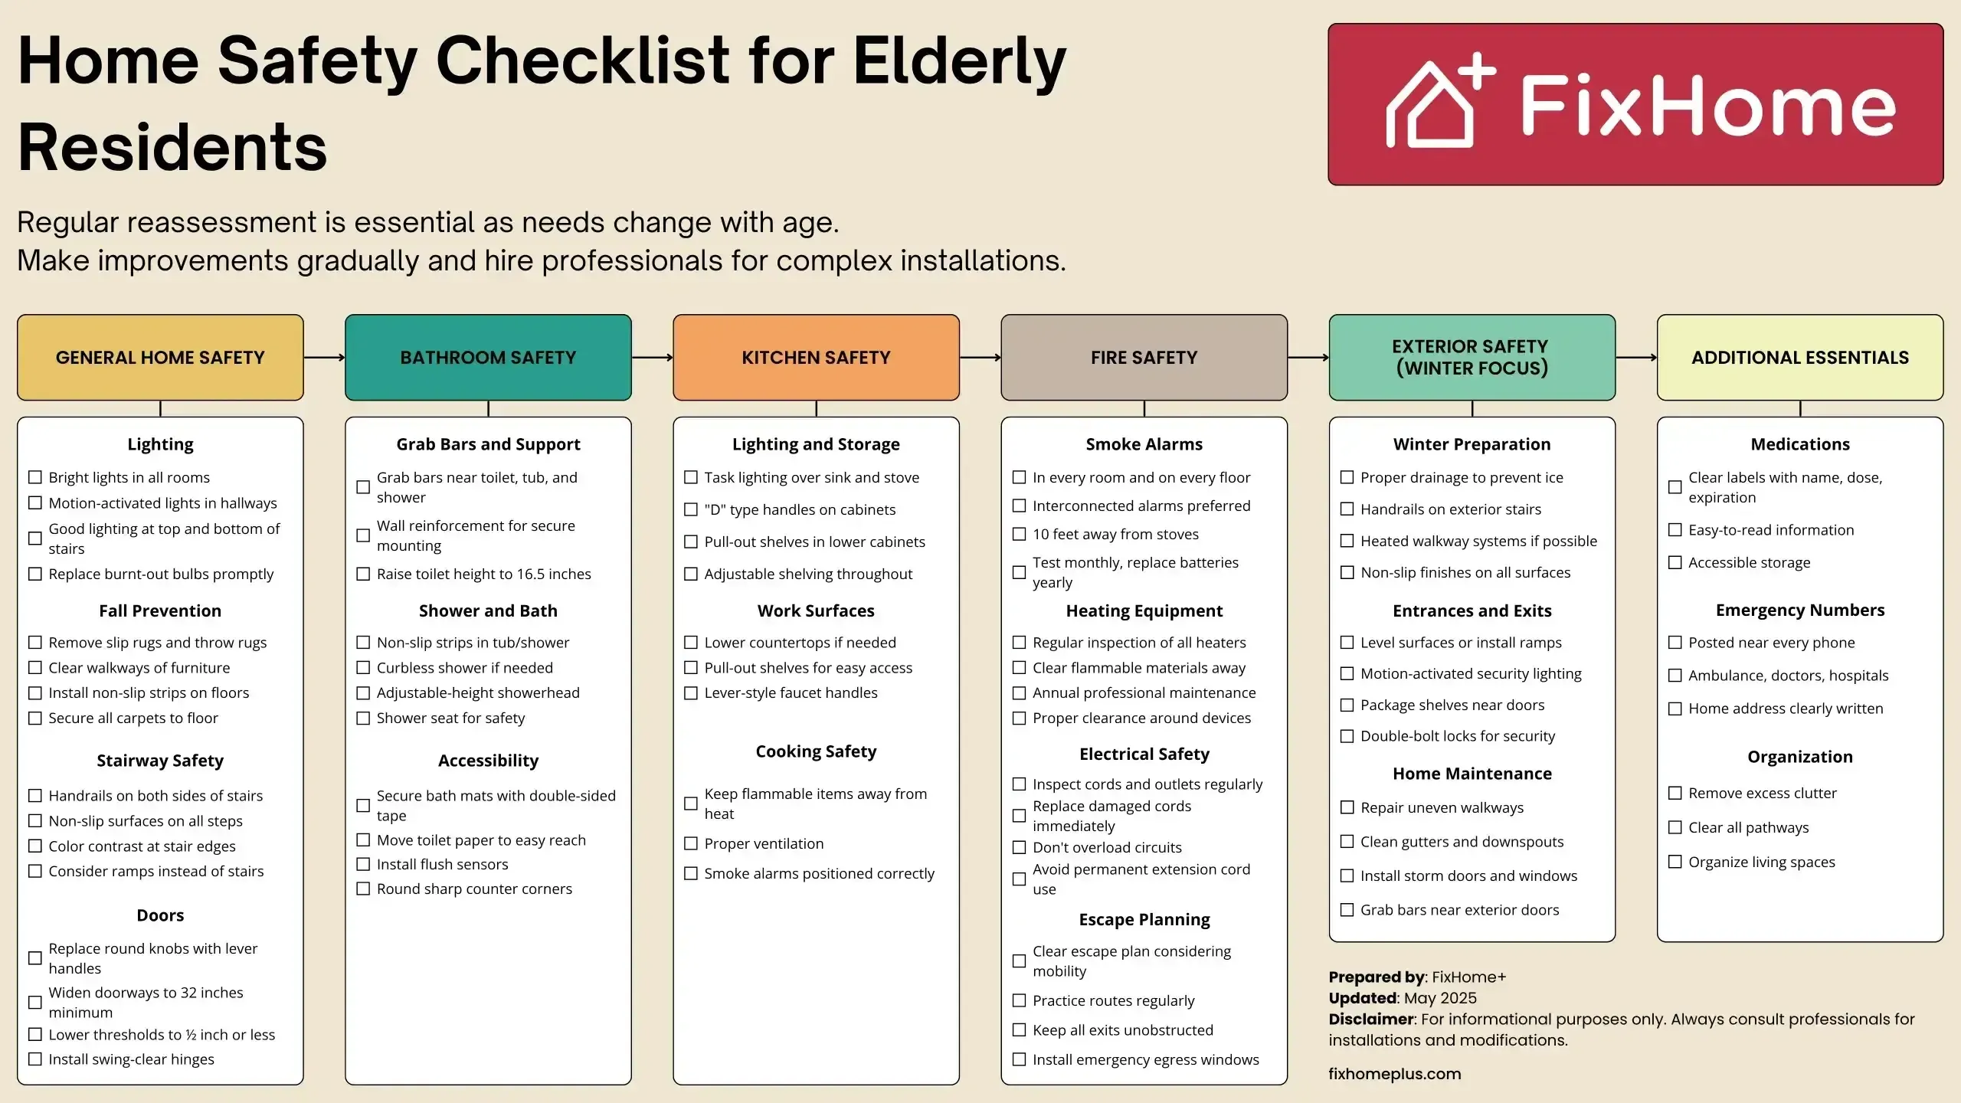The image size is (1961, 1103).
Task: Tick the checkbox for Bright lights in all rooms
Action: [35, 477]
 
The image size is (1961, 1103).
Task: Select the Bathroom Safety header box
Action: [488, 357]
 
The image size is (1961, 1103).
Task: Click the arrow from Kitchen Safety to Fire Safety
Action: [980, 357]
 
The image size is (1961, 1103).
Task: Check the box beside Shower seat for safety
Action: [363, 718]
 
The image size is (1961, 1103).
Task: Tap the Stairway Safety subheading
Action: [160, 761]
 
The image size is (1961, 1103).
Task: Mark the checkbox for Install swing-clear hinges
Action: [35, 1059]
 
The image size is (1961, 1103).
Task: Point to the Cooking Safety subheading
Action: [816, 751]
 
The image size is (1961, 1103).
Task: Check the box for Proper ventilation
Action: [691, 843]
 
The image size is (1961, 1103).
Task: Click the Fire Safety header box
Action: [1144, 357]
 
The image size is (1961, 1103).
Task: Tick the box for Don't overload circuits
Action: [1019, 847]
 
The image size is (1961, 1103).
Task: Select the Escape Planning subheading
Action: [1144, 919]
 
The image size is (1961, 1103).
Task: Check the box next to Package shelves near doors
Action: [1347, 705]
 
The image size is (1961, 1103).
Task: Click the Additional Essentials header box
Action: [1800, 357]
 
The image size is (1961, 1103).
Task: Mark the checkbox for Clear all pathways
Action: [1675, 827]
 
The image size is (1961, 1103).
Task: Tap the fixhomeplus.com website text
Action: [1395, 1074]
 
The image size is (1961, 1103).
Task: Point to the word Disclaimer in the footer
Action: [1371, 1019]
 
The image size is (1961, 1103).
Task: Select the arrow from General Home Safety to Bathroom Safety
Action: [324, 357]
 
